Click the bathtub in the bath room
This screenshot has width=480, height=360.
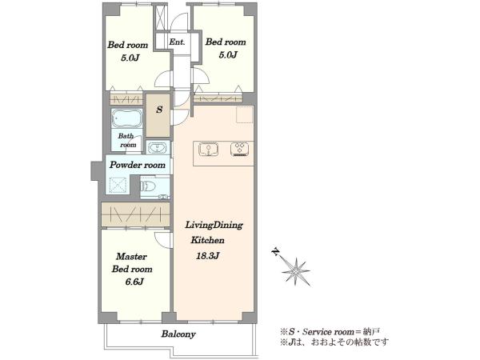tap(126, 118)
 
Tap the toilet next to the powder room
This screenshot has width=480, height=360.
tap(148, 186)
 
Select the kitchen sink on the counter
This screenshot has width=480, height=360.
tap(208, 150)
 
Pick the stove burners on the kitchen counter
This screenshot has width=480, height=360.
tap(240, 150)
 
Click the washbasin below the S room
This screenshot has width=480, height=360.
tap(158, 147)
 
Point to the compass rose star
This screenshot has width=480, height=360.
tap(295, 271)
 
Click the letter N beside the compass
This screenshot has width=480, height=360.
tap(276, 251)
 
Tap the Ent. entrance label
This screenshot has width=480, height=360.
tap(177, 42)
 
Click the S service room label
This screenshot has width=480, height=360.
tap(159, 110)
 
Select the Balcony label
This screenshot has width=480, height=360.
tap(178, 334)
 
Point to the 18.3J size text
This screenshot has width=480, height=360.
tap(208, 256)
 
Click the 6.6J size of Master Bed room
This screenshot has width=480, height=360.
tap(134, 282)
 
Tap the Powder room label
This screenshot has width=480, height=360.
tap(138, 165)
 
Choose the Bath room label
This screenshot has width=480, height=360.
tap(127, 140)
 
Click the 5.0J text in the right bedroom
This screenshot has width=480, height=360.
tap(228, 54)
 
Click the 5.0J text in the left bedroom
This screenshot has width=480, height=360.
tap(130, 58)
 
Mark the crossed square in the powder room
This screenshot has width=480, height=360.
tap(118, 185)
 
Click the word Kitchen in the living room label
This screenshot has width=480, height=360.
tap(207, 240)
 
